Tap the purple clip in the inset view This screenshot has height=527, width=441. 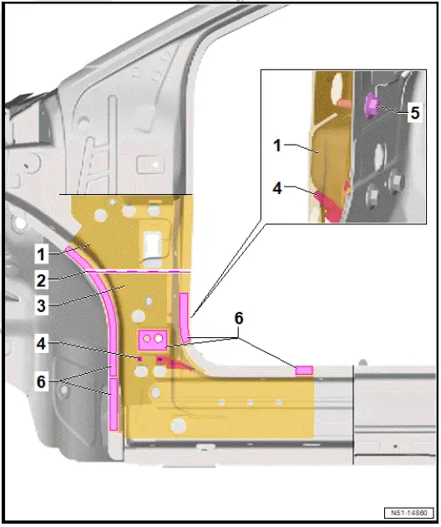pyautogui.click(x=373, y=105)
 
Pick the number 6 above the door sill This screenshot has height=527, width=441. pyautogui.click(x=239, y=319)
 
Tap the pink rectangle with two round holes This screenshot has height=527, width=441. pyautogui.click(x=152, y=339)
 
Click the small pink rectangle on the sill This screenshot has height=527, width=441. pyautogui.click(x=304, y=369)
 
